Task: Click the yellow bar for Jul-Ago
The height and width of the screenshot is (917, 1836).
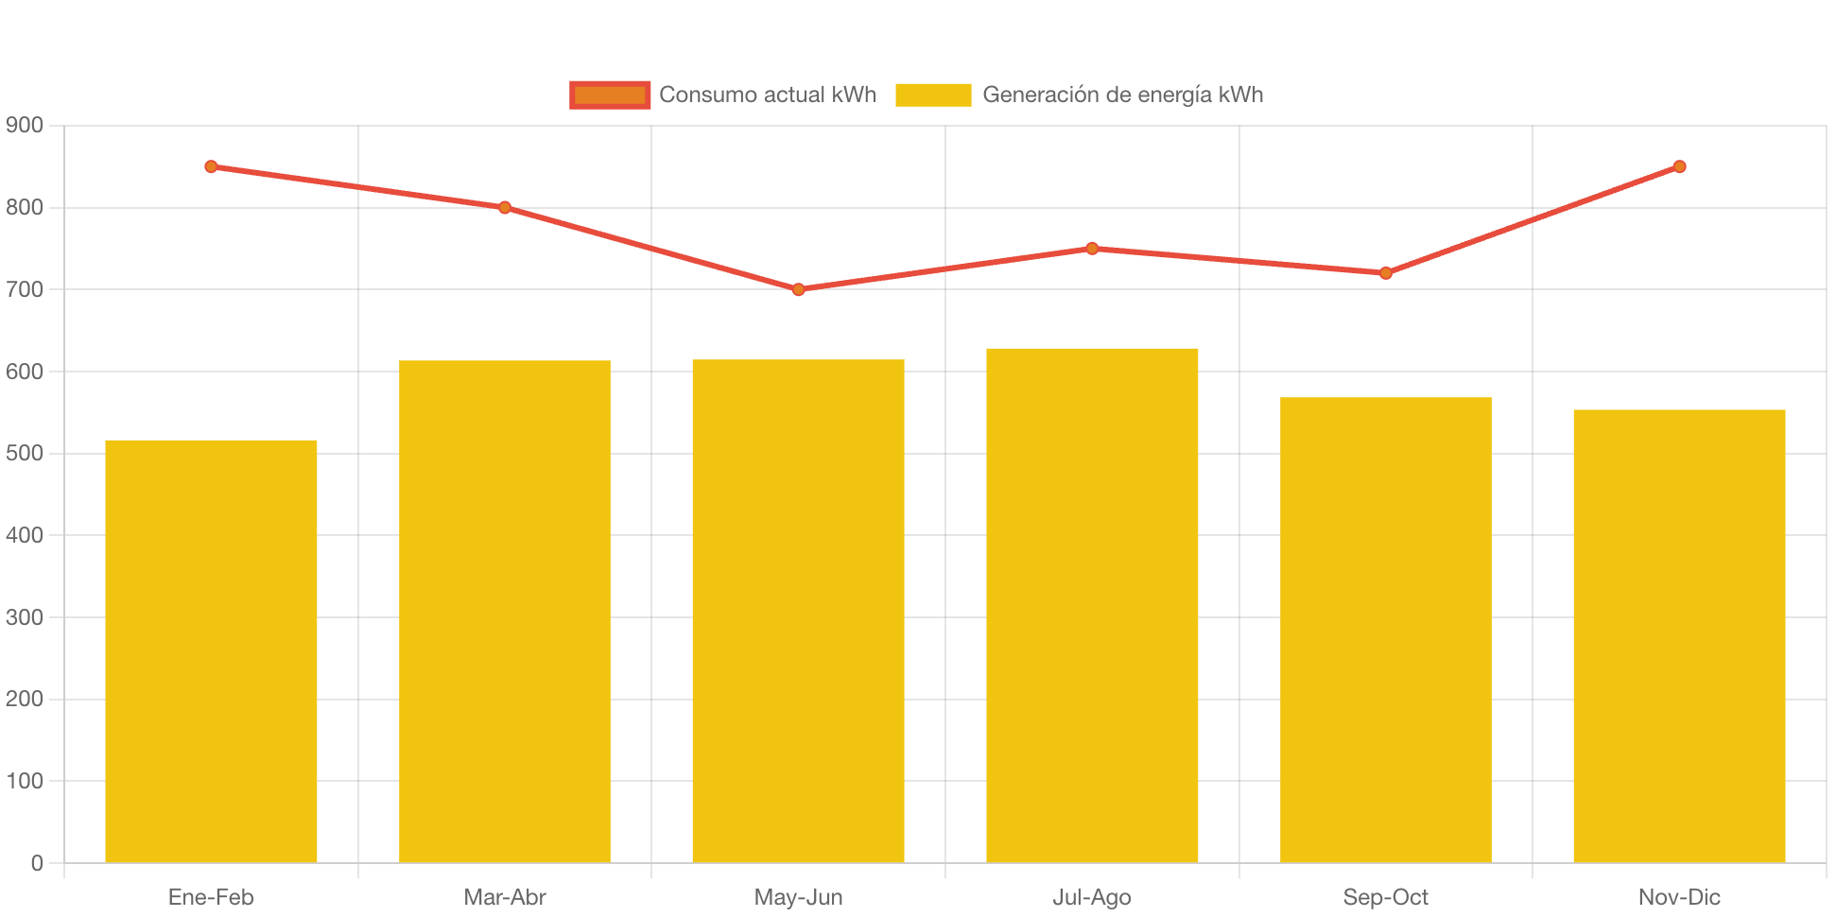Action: pos(1092,605)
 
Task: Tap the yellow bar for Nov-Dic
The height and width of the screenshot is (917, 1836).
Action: pos(1679,635)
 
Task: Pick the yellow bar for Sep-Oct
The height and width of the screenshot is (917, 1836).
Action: pos(1385,630)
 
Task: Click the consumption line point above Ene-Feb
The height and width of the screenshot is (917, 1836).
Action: pos(211,166)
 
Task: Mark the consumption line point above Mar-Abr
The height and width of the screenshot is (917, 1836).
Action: pos(505,207)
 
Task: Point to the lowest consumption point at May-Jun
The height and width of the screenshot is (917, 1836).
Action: pos(799,289)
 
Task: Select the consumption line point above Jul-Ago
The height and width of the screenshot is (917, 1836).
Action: pos(1092,249)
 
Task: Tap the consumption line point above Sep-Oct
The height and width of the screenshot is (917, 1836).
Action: pos(1386,273)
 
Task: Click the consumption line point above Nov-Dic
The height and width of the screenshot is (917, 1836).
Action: pos(1679,166)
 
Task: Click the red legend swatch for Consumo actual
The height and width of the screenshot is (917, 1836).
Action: pos(610,95)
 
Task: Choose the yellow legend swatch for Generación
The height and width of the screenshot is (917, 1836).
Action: pos(933,95)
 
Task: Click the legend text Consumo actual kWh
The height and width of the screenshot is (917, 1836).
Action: pos(768,95)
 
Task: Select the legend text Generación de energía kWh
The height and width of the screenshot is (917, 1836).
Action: pos(1122,95)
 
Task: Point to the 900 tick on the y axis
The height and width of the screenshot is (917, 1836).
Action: pos(25,125)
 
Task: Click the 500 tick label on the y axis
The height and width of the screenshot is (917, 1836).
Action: pos(25,453)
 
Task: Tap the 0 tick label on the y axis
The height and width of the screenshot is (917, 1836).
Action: pos(37,863)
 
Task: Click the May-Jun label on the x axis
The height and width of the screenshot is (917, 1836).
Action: pos(799,897)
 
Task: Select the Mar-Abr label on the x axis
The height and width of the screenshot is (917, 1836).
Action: pos(505,897)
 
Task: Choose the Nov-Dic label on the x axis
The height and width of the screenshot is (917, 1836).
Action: pos(1679,897)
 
